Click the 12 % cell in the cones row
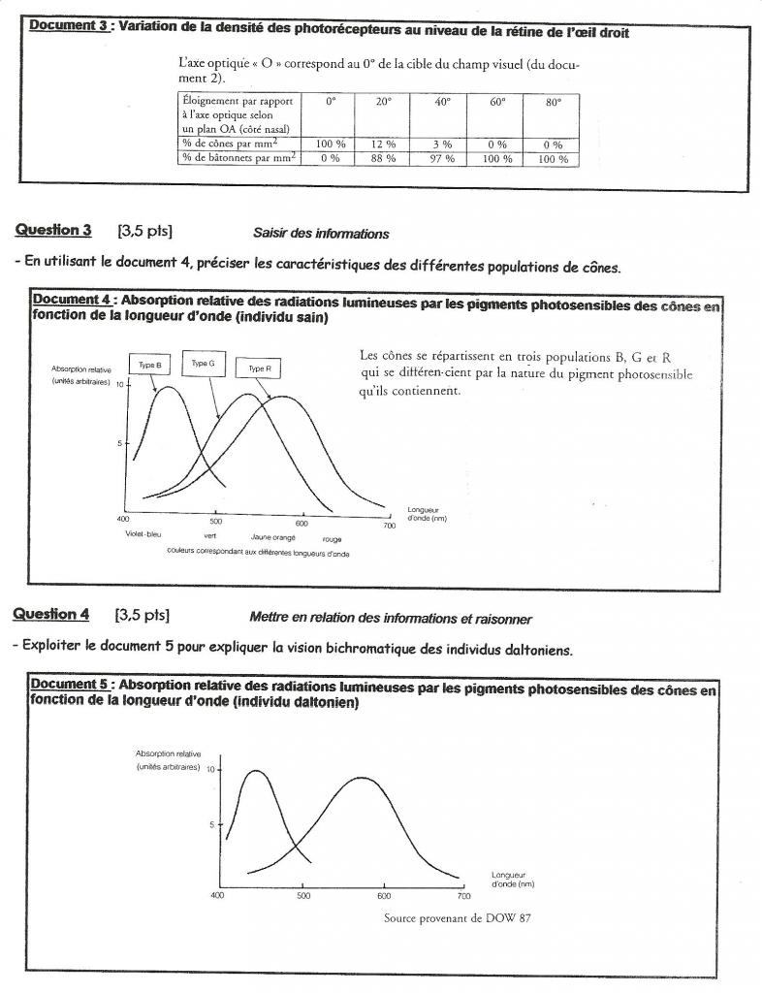pos(383,144)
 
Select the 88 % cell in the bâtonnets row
pos(383,158)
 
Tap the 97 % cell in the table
pos(440,158)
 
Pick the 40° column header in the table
pos(440,102)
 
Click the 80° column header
pos(553,102)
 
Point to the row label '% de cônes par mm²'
pos(236,144)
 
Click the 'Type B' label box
pos(149,365)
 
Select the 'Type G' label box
pos(203,363)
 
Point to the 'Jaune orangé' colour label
pos(272,536)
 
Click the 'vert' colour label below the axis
pos(209,535)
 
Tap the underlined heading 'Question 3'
pos(53,230)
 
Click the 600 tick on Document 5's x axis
pos(383,896)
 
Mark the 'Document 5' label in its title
pos(71,686)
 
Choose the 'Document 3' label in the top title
pos(69,26)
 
